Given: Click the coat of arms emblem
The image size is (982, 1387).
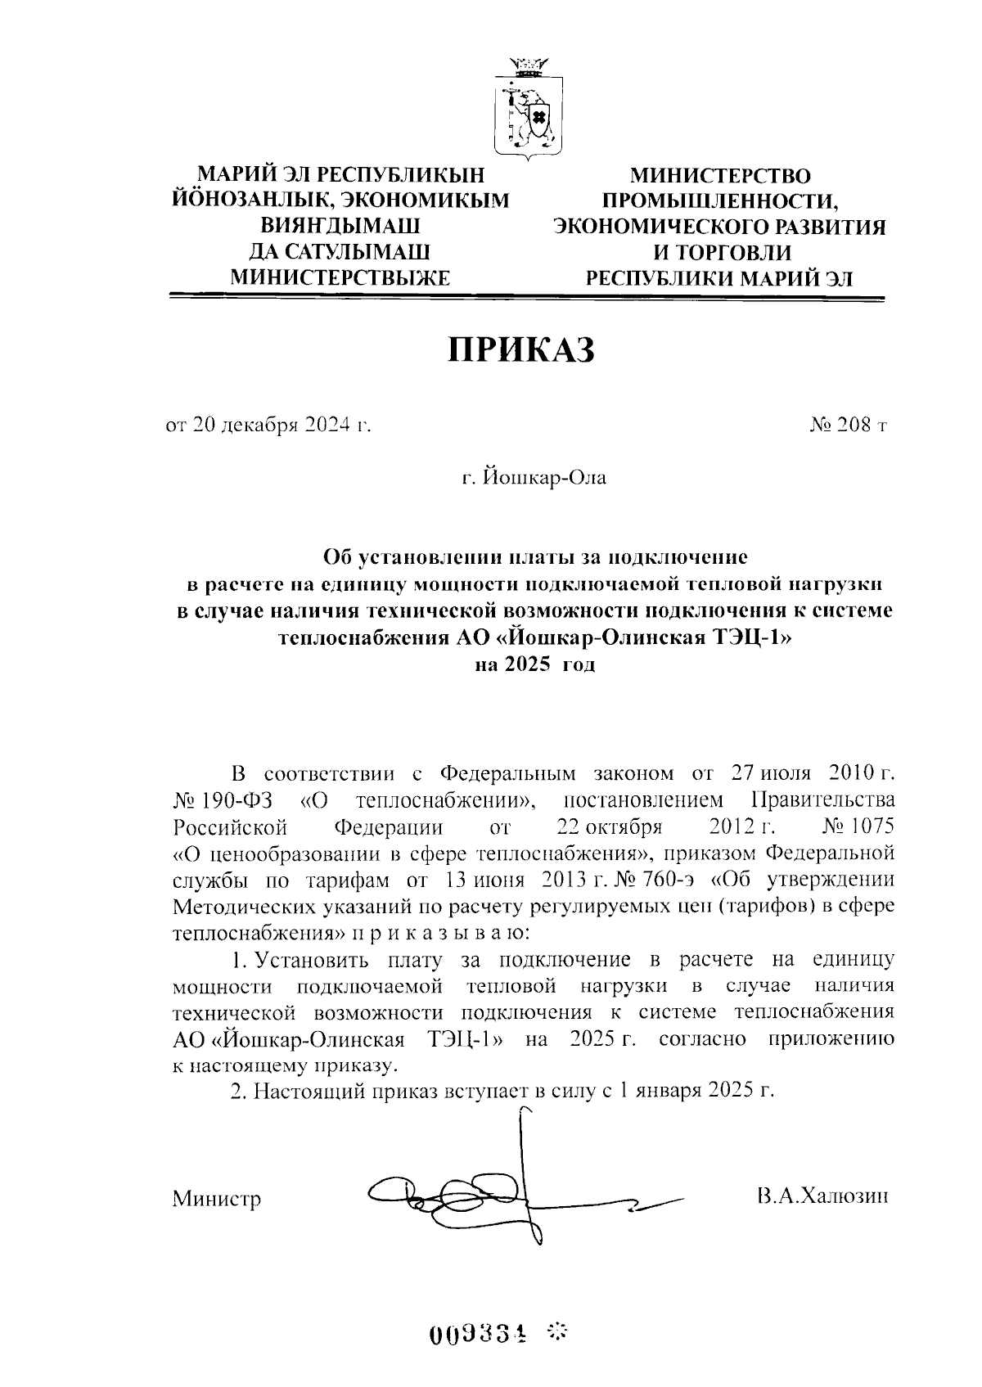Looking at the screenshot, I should tap(529, 110).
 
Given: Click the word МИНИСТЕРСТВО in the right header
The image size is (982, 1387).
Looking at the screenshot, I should tap(718, 176).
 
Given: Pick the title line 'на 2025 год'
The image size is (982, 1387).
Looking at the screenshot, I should tap(535, 664).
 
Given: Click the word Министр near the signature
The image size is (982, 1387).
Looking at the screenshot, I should tap(217, 1200).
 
